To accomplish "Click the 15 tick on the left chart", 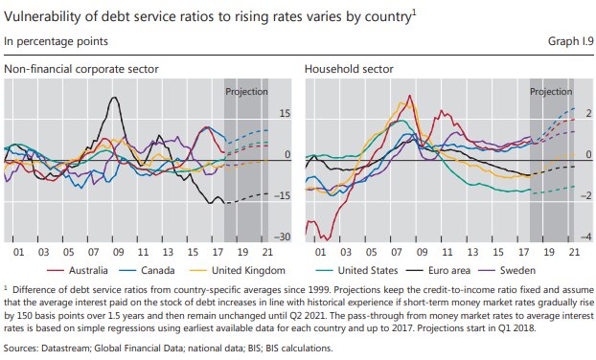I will pyautogui.click(x=284, y=113).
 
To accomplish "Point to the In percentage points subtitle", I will pyautogui.click(x=55, y=42).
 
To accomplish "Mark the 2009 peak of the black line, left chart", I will pyautogui.click(x=116, y=98).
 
